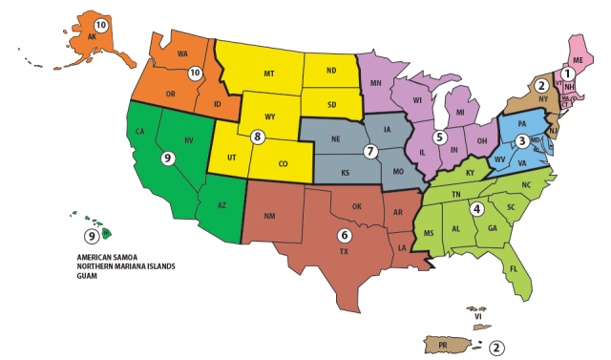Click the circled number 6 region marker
345,234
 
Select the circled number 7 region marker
370,151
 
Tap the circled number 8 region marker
257,137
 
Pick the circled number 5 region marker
439,137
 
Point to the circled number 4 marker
476,208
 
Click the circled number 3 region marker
521,140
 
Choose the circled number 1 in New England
567,73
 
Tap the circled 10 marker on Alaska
101,24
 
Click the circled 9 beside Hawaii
92,235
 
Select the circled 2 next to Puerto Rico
496,348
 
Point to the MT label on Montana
270,74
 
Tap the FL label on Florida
514,268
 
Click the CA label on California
139,132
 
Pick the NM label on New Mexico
270,216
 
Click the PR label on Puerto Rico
444,343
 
